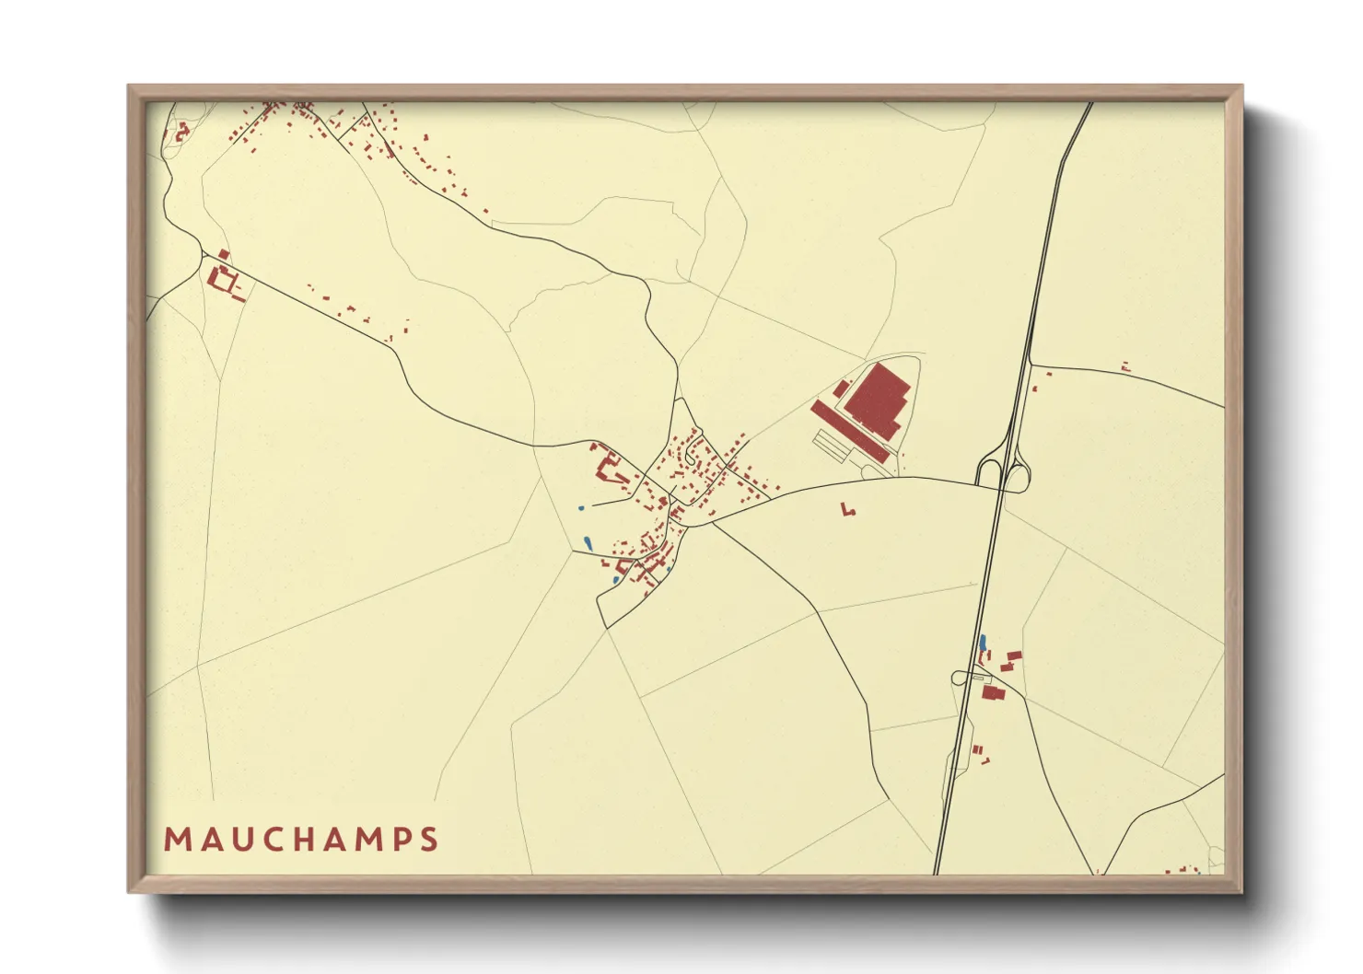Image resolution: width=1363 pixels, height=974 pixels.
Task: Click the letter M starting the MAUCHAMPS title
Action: coord(176,840)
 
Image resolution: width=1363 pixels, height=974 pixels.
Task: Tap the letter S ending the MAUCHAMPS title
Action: coord(428,840)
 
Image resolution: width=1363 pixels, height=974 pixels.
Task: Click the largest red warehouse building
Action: coord(877,400)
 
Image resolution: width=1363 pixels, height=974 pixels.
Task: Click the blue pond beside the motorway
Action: coord(983,642)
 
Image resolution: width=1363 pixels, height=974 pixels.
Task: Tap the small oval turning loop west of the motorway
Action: coord(960,678)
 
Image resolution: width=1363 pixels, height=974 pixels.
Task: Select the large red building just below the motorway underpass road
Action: coord(992,692)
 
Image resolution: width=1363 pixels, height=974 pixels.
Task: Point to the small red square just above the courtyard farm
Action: coord(224,254)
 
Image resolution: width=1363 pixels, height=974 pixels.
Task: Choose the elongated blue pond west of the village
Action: coord(588,543)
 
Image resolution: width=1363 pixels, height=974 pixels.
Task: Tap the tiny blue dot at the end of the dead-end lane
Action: coord(580,507)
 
